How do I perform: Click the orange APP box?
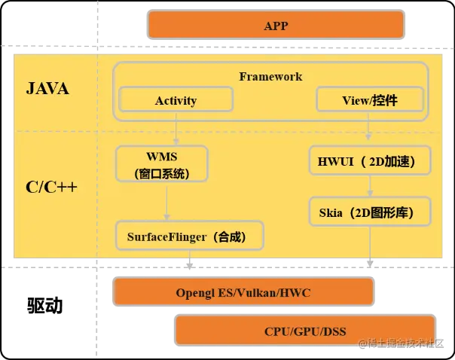(276, 26)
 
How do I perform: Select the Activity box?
(176, 100)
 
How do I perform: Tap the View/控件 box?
(370, 100)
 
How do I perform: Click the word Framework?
(270, 76)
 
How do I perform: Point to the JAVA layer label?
(47, 89)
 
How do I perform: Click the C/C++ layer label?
(51, 187)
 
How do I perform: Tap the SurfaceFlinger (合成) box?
(190, 236)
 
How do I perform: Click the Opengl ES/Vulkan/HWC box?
(243, 292)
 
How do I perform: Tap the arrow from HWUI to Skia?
(369, 185)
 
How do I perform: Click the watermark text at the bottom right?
(407, 345)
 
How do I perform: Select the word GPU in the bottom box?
(306, 331)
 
